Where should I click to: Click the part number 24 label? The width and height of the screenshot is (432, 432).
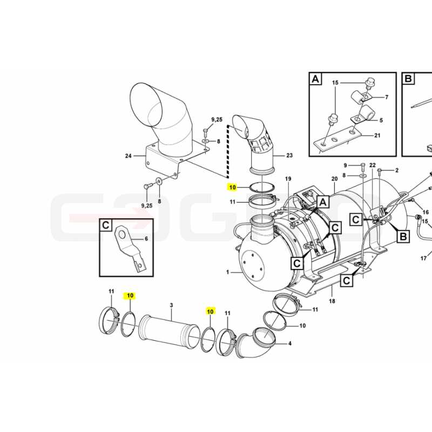point(129,156)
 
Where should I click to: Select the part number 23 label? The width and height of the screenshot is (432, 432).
point(289,156)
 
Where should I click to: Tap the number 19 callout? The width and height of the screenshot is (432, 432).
point(288,179)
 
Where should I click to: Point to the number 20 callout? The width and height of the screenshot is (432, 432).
point(334,179)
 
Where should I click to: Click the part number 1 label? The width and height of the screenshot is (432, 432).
point(227,272)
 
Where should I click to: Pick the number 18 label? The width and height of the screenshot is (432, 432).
point(332,301)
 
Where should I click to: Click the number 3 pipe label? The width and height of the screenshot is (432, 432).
point(171,305)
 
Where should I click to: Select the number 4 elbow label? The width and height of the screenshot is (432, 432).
point(289,343)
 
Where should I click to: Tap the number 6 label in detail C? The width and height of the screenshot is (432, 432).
point(146,239)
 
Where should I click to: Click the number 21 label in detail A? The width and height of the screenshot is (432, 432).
point(377,136)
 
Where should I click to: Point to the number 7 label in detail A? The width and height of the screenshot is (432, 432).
point(387,97)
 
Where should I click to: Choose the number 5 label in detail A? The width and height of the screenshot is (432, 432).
point(381,120)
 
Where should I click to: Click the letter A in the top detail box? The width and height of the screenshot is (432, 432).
point(315,79)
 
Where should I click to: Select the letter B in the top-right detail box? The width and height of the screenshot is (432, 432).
point(408,79)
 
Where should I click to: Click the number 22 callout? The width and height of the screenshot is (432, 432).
point(373,165)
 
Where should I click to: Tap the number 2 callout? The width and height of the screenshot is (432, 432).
point(397,170)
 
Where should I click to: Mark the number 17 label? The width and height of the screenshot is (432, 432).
point(423,259)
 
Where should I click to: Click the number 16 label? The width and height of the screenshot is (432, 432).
point(426,212)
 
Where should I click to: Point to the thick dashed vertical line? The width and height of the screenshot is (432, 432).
point(228,151)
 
